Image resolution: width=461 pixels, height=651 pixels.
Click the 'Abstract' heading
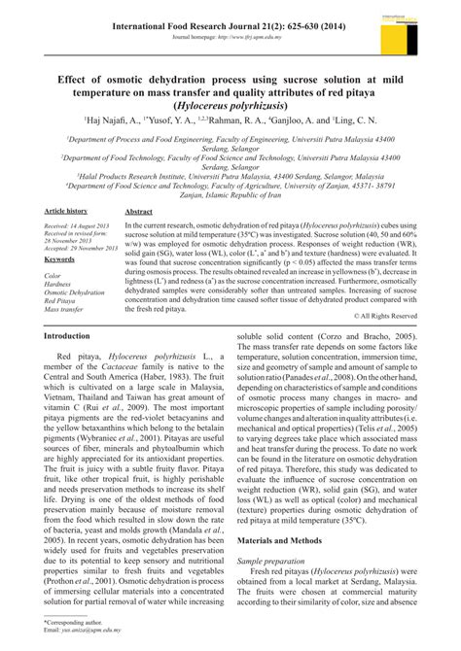click(x=140, y=237)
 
